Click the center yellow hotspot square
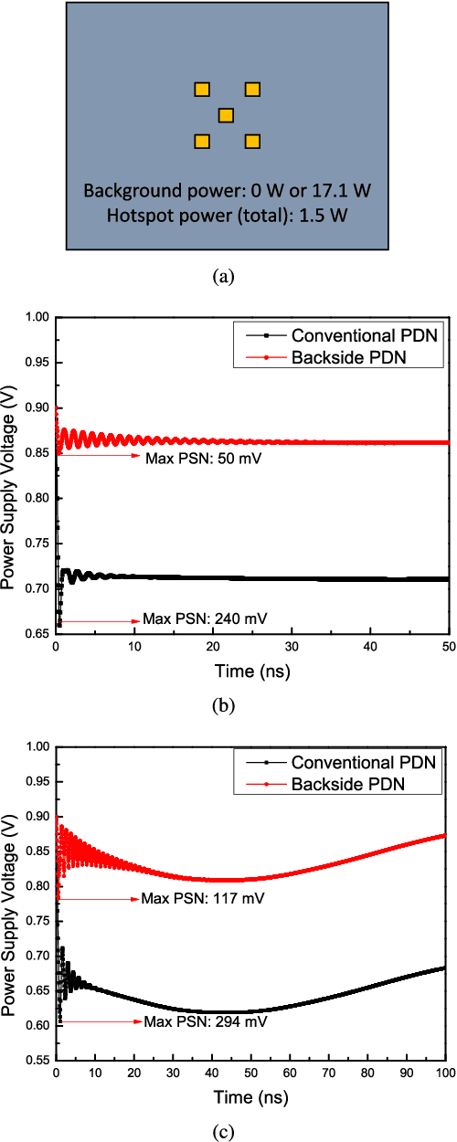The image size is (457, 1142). coord(226,115)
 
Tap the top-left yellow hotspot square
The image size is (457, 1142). coord(202,89)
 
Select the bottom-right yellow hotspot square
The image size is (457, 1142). coord(252,142)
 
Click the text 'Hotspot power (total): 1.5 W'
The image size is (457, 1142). coord(228,216)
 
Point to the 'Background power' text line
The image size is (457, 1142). coord(228,192)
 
